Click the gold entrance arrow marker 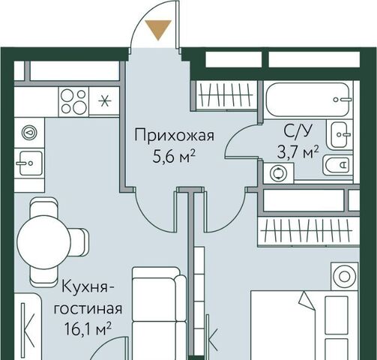tap(158, 29)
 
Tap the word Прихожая tap(175, 136)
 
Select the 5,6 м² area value tap(174, 157)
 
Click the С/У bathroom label tap(298, 130)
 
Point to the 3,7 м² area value tap(298, 152)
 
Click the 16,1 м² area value tap(88, 328)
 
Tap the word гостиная tap(88, 308)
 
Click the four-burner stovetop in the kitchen tap(73, 101)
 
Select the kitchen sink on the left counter tap(29, 163)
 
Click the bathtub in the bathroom tap(307, 100)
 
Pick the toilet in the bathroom tap(337, 165)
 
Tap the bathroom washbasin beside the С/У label tap(340, 134)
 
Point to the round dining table tap(43, 242)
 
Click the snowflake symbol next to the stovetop tap(104, 101)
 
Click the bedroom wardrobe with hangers tap(308, 232)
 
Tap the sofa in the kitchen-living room tap(159, 313)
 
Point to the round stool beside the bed tap(345, 276)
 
